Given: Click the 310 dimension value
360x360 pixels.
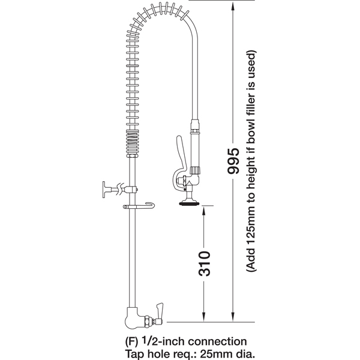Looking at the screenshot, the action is click(x=204, y=263).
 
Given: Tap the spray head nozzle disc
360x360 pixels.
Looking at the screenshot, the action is click(x=189, y=203).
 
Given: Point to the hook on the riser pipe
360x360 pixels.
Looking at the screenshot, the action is click(x=139, y=206).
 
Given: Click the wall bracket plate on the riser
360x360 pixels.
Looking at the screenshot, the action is click(x=104, y=190).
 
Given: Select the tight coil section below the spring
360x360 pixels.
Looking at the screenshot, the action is click(x=132, y=143).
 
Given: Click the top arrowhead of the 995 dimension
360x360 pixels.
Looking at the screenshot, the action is click(x=233, y=5).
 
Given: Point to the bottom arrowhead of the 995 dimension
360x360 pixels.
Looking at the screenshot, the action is click(x=233, y=317).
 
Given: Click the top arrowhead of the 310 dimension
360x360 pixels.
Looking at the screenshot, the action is click(x=203, y=211).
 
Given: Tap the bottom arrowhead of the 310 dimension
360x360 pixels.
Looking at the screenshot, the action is click(x=203, y=317).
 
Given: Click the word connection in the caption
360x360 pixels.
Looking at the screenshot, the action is click(x=217, y=341).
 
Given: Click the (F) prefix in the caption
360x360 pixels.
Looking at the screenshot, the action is click(x=132, y=342).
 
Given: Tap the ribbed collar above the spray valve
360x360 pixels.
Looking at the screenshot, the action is click(x=196, y=170).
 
